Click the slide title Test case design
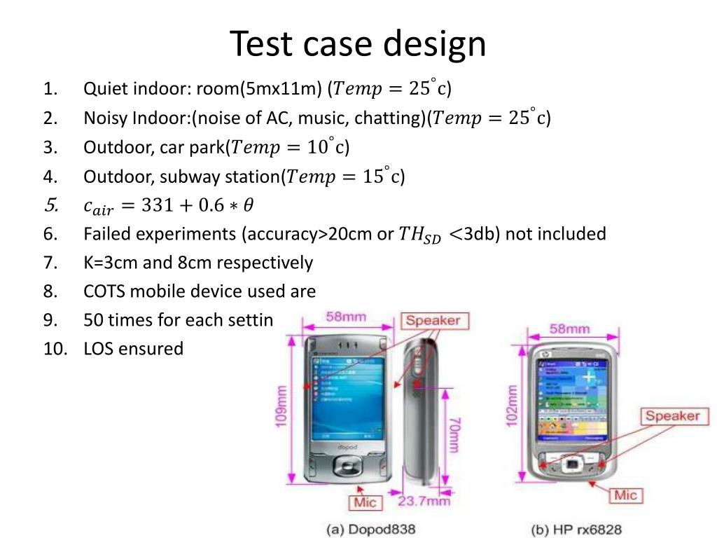[x=358, y=43]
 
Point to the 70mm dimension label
[x=454, y=434]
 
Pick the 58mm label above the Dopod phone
[x=346, y=317]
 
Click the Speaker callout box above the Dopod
[x=433, y=321]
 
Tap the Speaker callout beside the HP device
[x=672, y=416]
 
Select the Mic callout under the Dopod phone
[x=365, y=502]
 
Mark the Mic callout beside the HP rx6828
[x=625, y=495]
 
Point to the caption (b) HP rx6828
[x=576, y=528]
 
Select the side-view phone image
[x=424, y=413]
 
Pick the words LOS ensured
[x=133, y=349]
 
